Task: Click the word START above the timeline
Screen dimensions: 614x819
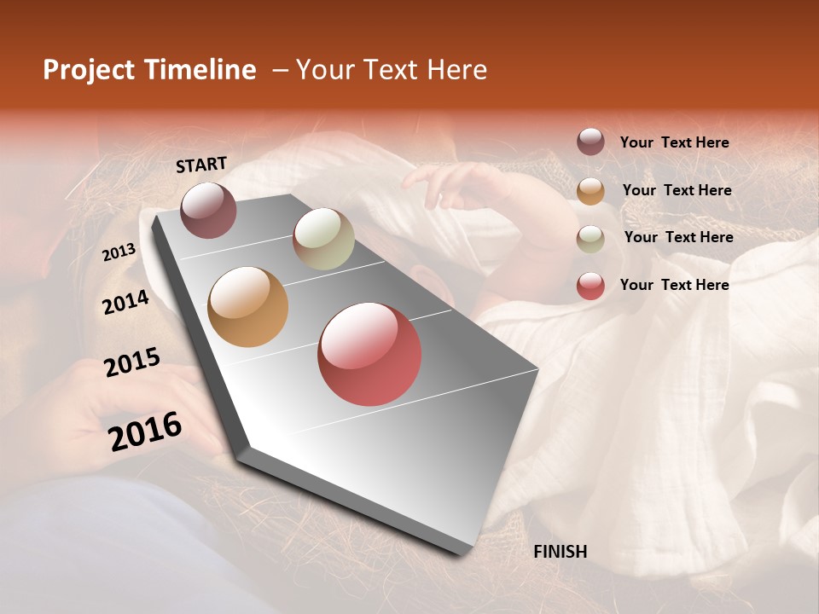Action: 201,164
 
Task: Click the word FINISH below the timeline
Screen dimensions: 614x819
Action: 560,552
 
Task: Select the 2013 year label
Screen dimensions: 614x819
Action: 119,252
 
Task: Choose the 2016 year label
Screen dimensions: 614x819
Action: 145,432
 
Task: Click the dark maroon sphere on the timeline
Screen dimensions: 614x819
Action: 208,210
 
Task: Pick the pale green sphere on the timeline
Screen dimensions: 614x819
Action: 323,239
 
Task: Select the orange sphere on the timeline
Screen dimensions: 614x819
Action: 248,307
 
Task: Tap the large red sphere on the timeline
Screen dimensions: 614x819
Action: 369,354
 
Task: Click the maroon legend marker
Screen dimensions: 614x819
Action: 590,142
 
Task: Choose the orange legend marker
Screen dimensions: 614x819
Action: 590,191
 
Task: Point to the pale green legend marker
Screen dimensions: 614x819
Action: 590,239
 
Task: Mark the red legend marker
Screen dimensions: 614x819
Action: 590,286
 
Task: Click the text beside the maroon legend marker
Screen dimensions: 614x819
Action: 674,143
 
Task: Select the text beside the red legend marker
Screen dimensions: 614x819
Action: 674,285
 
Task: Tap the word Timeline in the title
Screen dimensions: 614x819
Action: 202,70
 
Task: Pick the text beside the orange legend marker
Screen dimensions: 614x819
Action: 677,190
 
